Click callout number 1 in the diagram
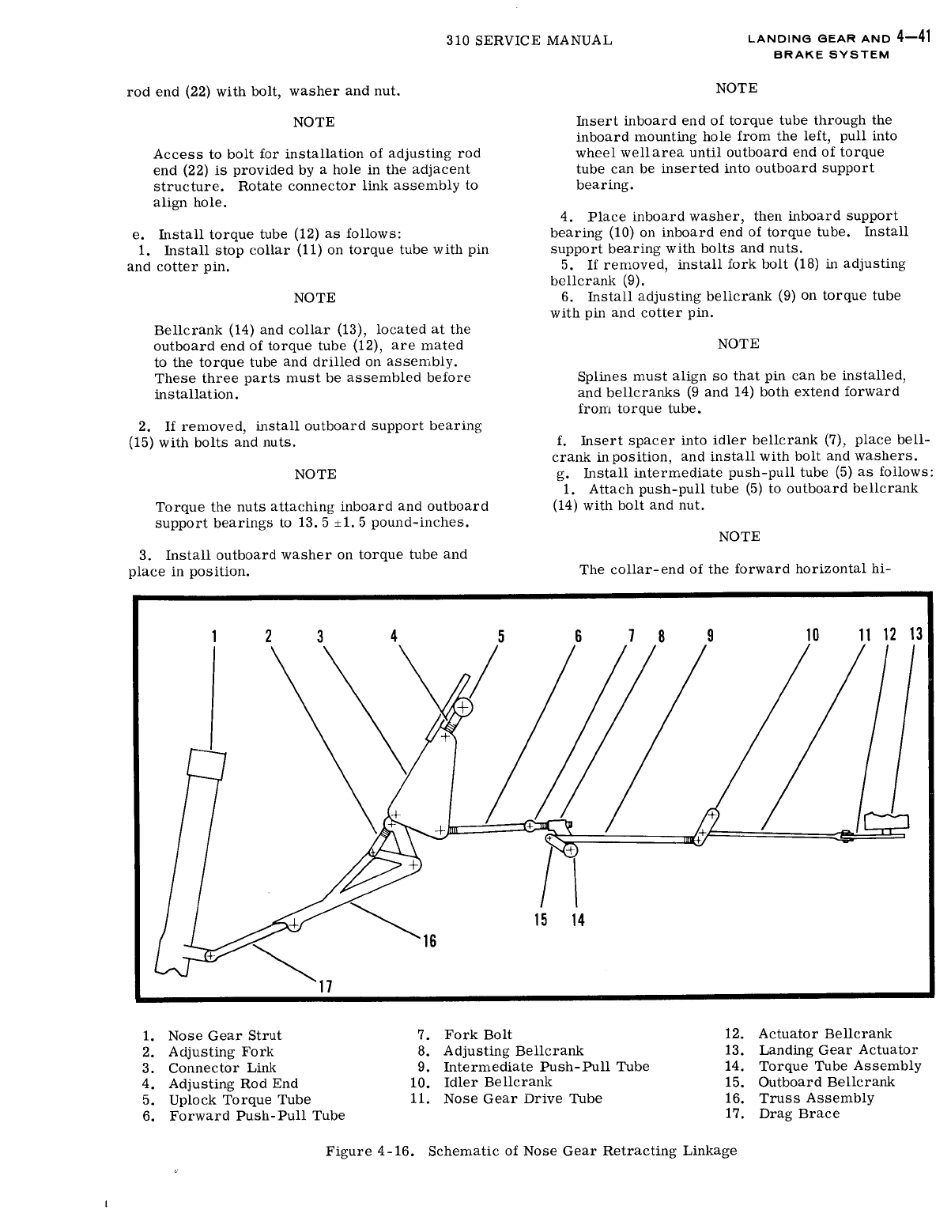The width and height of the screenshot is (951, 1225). tap(213, 635)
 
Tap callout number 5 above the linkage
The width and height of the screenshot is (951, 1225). tap(500, 635)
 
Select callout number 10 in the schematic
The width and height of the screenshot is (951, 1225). tap(812, 635)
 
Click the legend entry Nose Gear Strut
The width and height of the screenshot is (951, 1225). tap(224, 1035)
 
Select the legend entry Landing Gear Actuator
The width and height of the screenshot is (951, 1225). tap(838, 1050)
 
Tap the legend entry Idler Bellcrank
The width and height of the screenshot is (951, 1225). tap(497, 1082)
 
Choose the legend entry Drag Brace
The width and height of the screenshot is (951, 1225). tap(798, 1113)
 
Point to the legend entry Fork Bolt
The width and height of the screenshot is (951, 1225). tap(477, 1034)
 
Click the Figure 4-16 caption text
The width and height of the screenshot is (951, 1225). tap(531, 1151)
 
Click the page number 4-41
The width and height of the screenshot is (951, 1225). tap(918, 38)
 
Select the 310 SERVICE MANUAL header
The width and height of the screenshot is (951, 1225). tap(529, 40)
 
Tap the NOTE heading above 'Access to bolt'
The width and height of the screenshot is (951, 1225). tap(314, 122)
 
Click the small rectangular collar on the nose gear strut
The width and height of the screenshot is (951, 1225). tap(206, 765)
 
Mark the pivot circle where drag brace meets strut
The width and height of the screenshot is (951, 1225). tap(209, 955)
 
